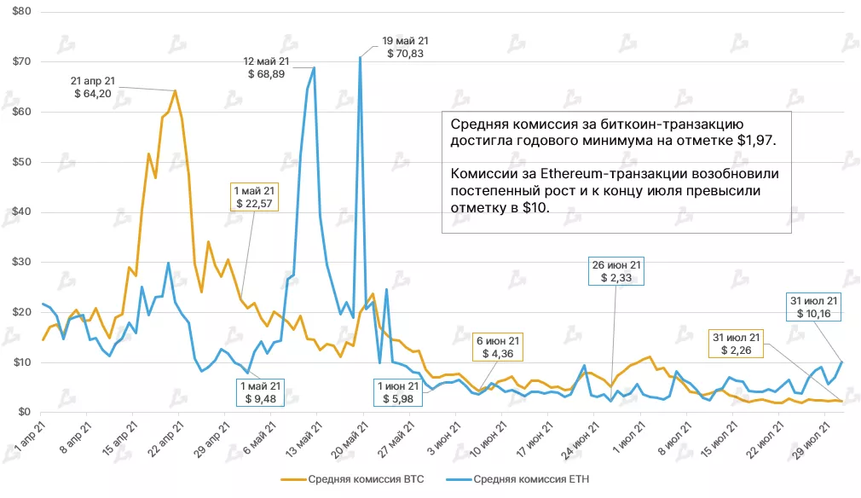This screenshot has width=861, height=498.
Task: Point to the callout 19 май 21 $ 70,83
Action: pyautogui.click(x=405, y=47)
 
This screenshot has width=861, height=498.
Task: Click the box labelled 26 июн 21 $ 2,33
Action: pyautogui.click(x=618, y=270)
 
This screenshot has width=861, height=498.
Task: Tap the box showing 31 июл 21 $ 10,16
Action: pyautogui.click(x=814, y=306)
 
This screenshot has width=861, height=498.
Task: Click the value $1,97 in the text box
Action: pyautogui.click(x=755, y=137)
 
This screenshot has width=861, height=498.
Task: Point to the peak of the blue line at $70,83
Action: pyautogui.click(x=361, y=57)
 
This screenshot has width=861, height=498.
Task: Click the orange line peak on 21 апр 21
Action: pyautogui.click(x=176, y=90)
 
